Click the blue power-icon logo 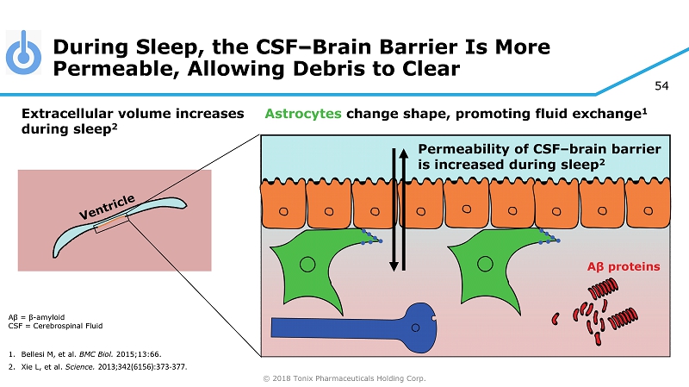(x=23, y=53)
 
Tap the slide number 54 (x=662, y=85)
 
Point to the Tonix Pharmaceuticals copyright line (x=344, y=378)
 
